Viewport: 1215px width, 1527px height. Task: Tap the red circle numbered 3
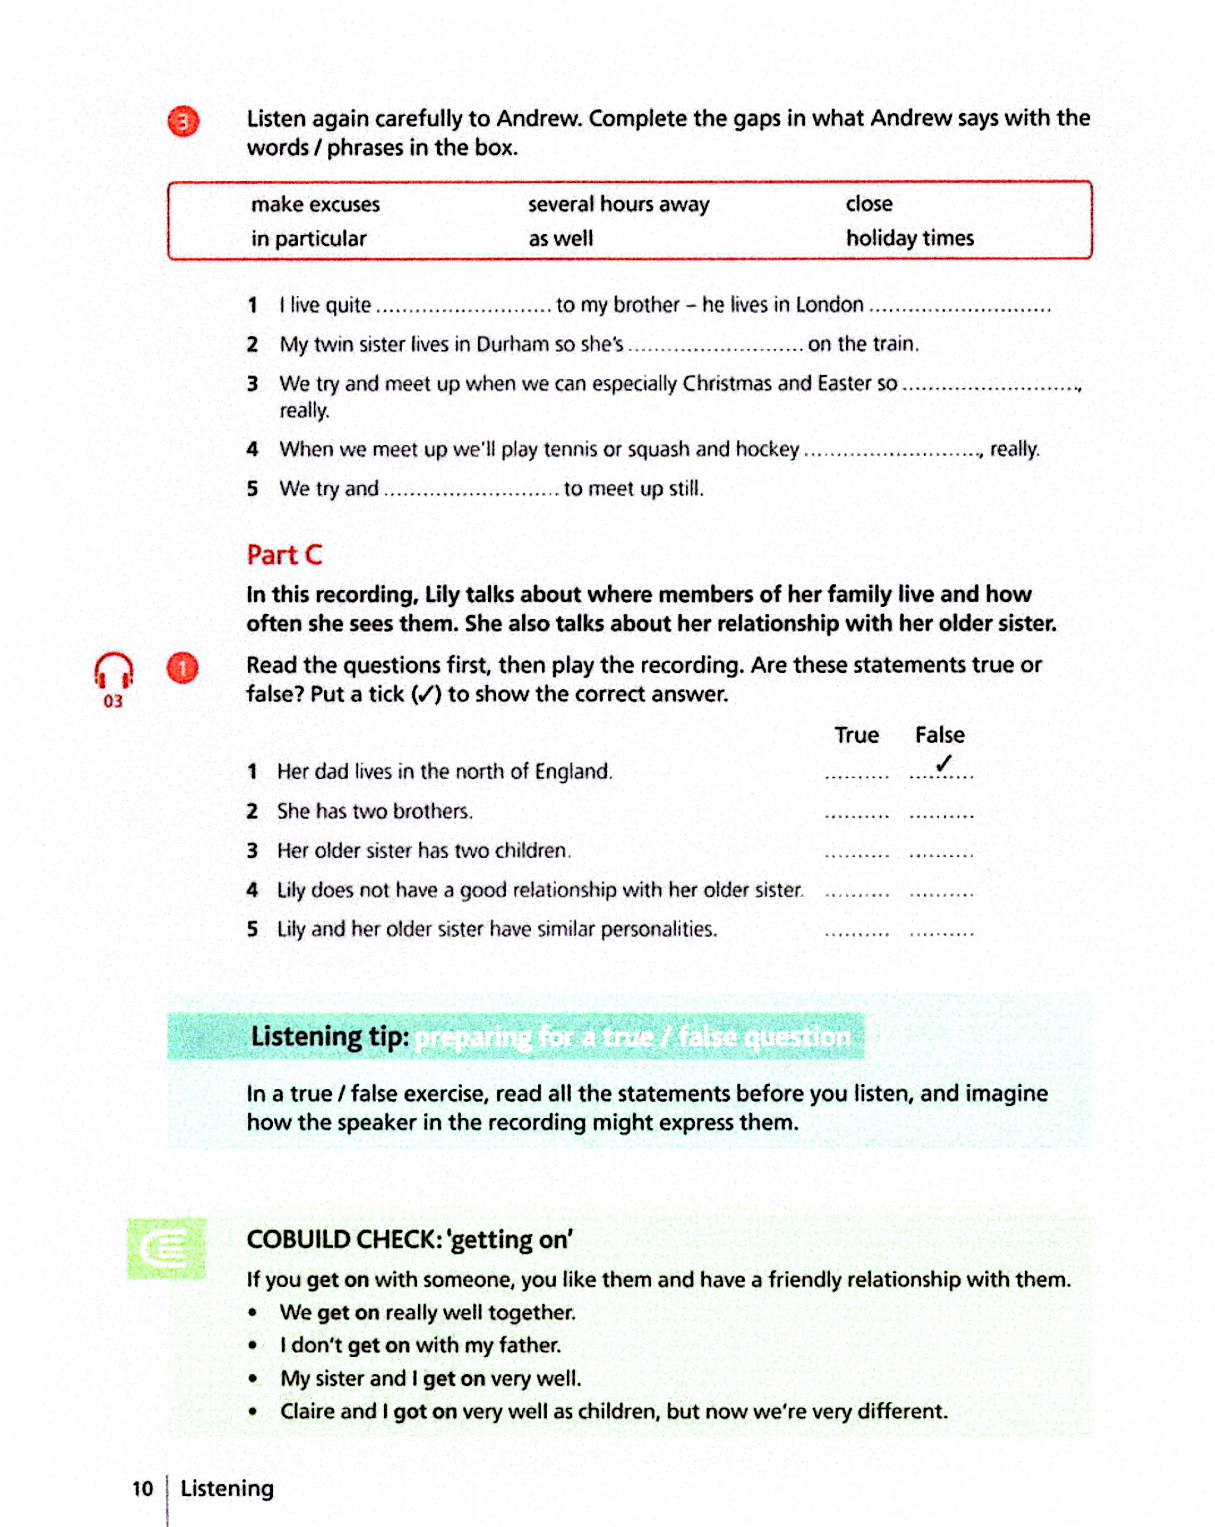tap(183, 122)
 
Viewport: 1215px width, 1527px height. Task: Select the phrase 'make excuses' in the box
tap(315, 205)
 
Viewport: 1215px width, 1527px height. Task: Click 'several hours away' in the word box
tap(618, 205)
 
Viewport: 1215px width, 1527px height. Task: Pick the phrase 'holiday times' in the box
tap(909, 238)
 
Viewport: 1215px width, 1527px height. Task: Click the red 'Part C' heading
tap(284, 555)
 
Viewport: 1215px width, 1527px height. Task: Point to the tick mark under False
tap(943, 763)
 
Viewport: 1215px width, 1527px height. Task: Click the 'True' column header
tap(856, 734)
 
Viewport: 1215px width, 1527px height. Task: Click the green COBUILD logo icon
tap(166, 1249)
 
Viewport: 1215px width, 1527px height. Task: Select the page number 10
tap(143, 1488)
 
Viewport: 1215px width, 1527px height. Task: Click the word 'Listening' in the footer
tap(227, 1488)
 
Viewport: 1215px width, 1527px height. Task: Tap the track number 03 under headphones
tap(112, 701)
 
